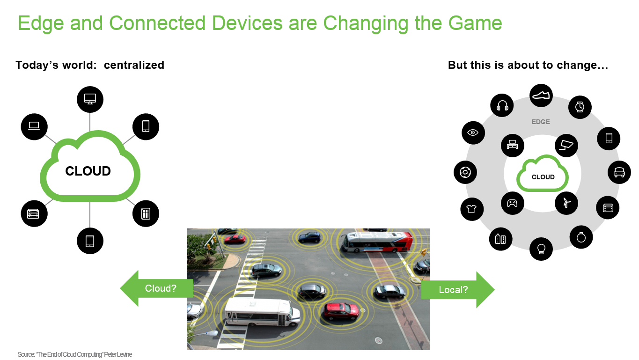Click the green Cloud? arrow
(157, 288)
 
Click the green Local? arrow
(458, 289)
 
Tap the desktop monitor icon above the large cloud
(90, 99)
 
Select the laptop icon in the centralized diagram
(34, 127)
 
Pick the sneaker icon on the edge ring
(541, 96)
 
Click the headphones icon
(502, 105)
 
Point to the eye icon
(473, 132)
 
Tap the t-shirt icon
(472, 209)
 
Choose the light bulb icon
(541, 249)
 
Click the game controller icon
(512, 203)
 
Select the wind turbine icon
(566, 203)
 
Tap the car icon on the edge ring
(619, 172)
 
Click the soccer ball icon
(465, 172)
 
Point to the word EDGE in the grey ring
(541, 122)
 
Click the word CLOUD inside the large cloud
(88, 171)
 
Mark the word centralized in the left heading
(134, 65)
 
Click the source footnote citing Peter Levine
(75, 354)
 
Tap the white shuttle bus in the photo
(262, 312)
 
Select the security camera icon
(566, 146)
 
